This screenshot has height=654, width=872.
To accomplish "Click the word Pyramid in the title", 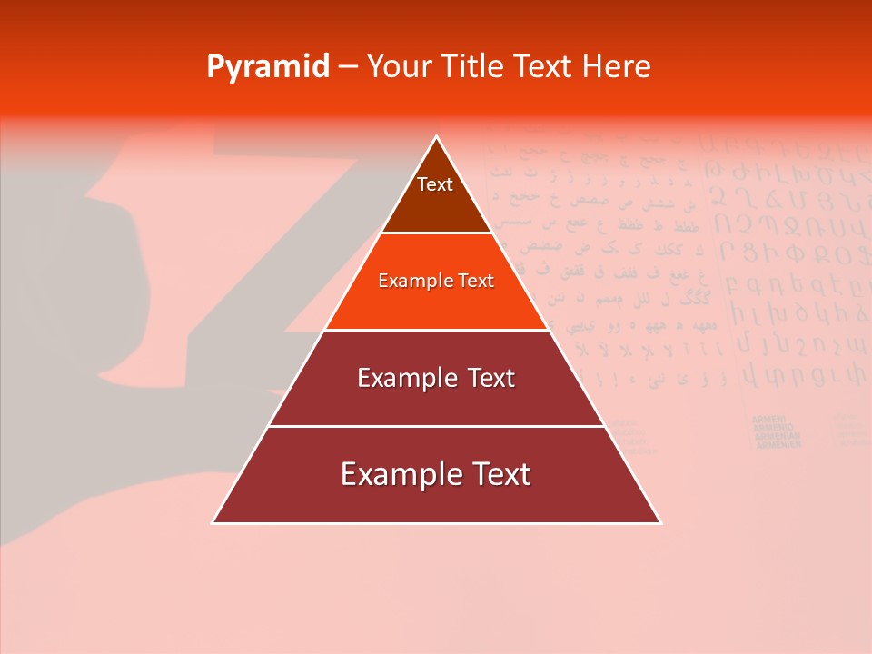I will (x=267, y=67).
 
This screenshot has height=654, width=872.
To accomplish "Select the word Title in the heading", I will (x=476, y=66).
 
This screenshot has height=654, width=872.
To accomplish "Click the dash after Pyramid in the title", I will (x=347, y=67).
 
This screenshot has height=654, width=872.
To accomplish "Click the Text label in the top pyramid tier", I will (x=435, y=184).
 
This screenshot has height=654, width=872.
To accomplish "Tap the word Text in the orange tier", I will (x=476, y=281).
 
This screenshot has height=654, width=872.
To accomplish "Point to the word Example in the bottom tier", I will (x=396, y=474).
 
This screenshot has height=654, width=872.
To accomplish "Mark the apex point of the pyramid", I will (x=437, y=136).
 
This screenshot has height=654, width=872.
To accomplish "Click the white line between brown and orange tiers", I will (x=437, y=233).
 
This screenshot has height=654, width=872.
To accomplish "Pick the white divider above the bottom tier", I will (x=437, y=426).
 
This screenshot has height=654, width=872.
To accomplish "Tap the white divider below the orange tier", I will (x=437, y=329).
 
